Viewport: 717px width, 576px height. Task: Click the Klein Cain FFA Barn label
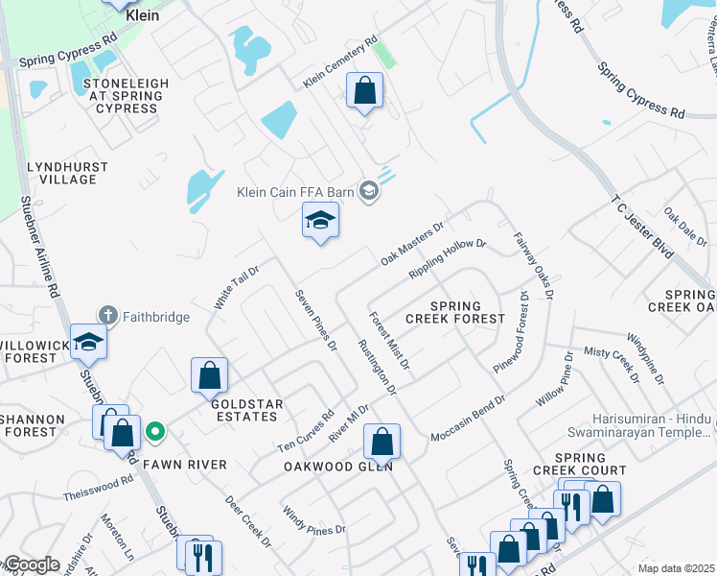(296, 192)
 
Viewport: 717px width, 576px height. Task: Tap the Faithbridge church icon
(107, 315)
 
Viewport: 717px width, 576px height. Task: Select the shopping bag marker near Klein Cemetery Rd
(364, 92)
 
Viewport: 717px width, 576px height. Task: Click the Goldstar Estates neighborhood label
(240, 411)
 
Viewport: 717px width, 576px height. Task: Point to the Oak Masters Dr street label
(412, 244)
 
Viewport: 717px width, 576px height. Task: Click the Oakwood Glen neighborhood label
(338, 467)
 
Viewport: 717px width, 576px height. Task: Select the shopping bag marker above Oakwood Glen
(382, 443)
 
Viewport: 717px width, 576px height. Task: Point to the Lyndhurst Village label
(61, 173)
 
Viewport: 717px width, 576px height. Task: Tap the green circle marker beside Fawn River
(153, 433)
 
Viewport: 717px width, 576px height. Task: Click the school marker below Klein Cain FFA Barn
(320, 222)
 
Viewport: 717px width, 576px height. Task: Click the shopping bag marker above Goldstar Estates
(209, 376)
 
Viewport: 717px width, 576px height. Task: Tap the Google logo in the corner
(31, 564)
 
